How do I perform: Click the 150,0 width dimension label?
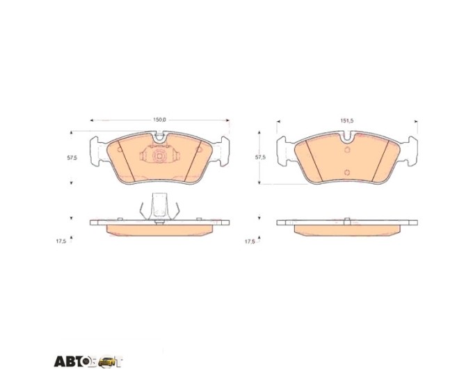point(159,120)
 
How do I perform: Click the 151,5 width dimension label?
point(347,120)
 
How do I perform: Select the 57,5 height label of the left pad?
point(72,157)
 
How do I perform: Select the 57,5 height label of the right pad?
point(260,157)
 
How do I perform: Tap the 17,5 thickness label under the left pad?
point(61,242)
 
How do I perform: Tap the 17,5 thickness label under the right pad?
point(250,242)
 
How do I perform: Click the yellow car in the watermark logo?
point(108,361)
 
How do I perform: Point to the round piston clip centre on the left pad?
point(159,156)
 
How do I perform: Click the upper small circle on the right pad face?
point(347,150)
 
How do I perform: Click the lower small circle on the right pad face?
point(347,173)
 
